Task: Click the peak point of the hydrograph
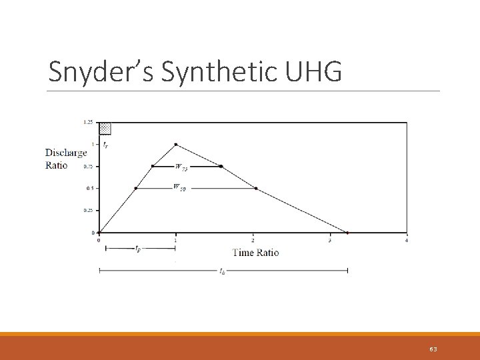tap(175, 144)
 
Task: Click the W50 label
tap(179, 188)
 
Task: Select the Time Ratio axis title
tap(255, 252)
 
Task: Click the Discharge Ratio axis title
tap(65, 159)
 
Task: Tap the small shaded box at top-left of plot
tap(105, 128)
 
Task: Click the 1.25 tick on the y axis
tap(88, 122)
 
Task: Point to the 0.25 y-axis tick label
tap(88, 211)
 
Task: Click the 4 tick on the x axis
tap(406, 239)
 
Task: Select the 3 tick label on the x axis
tap(329, 239)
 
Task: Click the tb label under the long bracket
tap(222, 271)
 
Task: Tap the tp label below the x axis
tap(137, 249)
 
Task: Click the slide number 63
tap(433, 349)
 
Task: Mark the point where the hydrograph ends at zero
tap(347, 233)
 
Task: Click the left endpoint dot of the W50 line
tap(136, 188)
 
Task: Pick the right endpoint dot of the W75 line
tap(221, 166)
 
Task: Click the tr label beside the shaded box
tap(105, 144)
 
